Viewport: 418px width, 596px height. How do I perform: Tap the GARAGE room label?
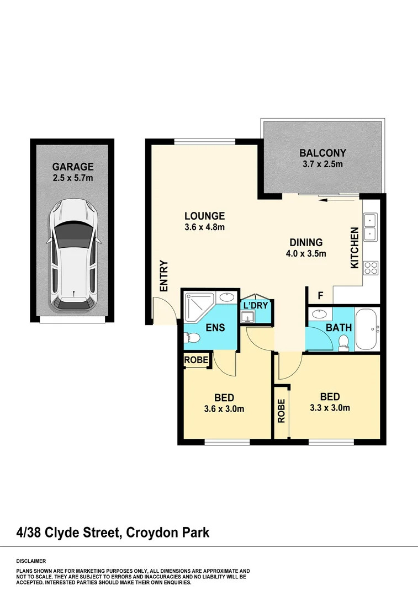point(73,167)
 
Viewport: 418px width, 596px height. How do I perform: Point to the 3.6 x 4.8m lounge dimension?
point(204,227)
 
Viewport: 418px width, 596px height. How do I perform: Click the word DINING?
point(306,242)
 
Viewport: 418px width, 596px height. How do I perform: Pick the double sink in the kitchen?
point(370,227)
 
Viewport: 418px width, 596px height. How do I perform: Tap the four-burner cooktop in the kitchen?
point(371,268)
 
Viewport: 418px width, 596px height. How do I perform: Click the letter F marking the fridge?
point(320,296)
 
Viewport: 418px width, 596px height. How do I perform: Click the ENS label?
point(215,327)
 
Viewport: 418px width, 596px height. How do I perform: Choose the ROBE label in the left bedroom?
point(196,360)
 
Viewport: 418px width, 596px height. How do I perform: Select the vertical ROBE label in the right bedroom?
point(281,411)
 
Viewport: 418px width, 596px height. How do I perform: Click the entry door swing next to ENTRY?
point(165,310)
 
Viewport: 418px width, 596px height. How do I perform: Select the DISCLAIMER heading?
point(31,560)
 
